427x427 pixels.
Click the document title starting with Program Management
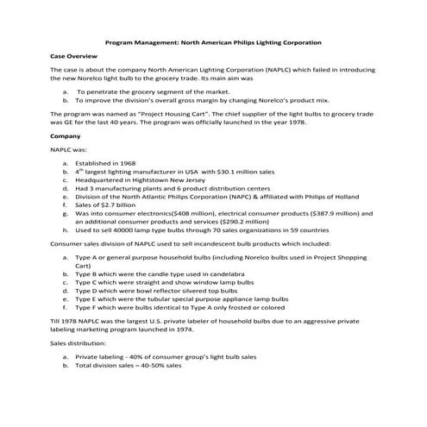tap(213, 41)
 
